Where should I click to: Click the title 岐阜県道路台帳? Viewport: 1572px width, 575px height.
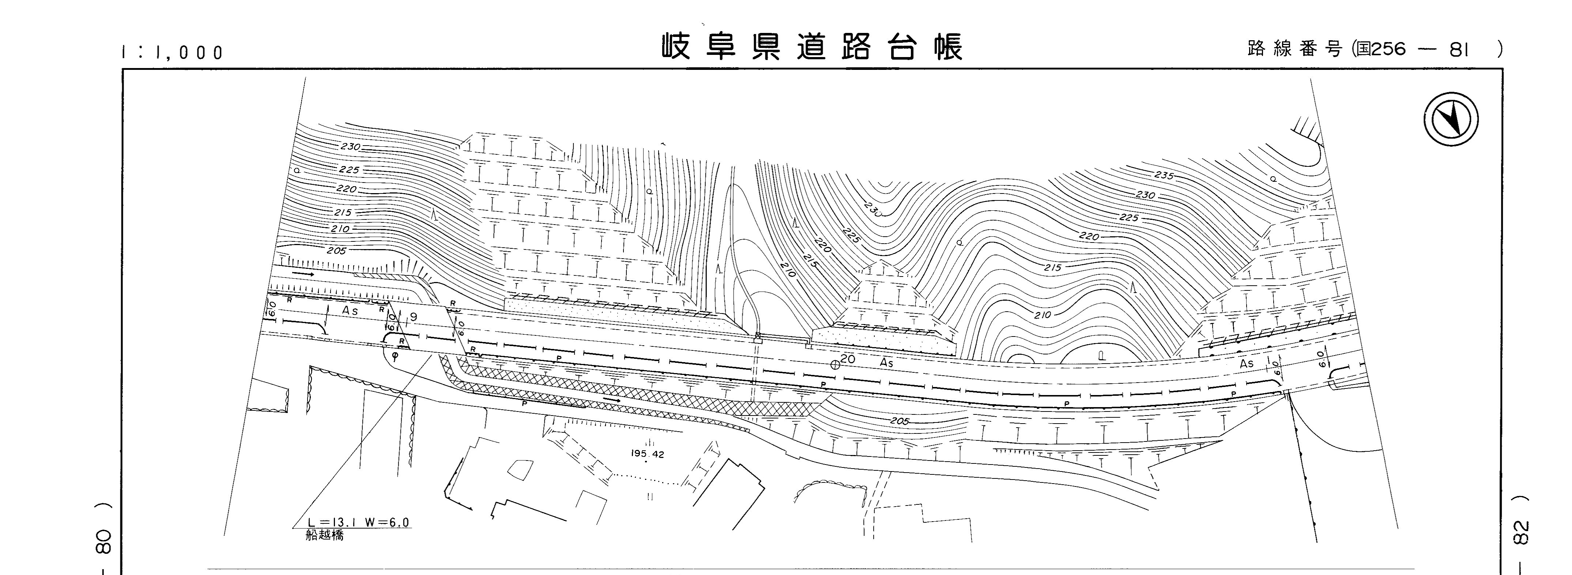pyautogui.click(x=812, y=46)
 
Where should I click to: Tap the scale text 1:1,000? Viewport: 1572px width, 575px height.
pyautogui.click(x=173, y=53)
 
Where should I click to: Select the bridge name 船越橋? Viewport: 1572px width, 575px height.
pyautogui.click(x=325, y=536)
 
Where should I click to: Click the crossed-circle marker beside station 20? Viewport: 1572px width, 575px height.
pyautogui.click(x=835, y=365)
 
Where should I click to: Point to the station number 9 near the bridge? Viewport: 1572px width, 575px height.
pyautogui.click(x=414, y=317)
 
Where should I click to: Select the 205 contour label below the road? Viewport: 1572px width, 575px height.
pyautogui.click(x=900, y=421)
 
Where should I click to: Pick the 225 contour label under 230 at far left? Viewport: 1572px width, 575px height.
pyautogui.click(x=349, y=170)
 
